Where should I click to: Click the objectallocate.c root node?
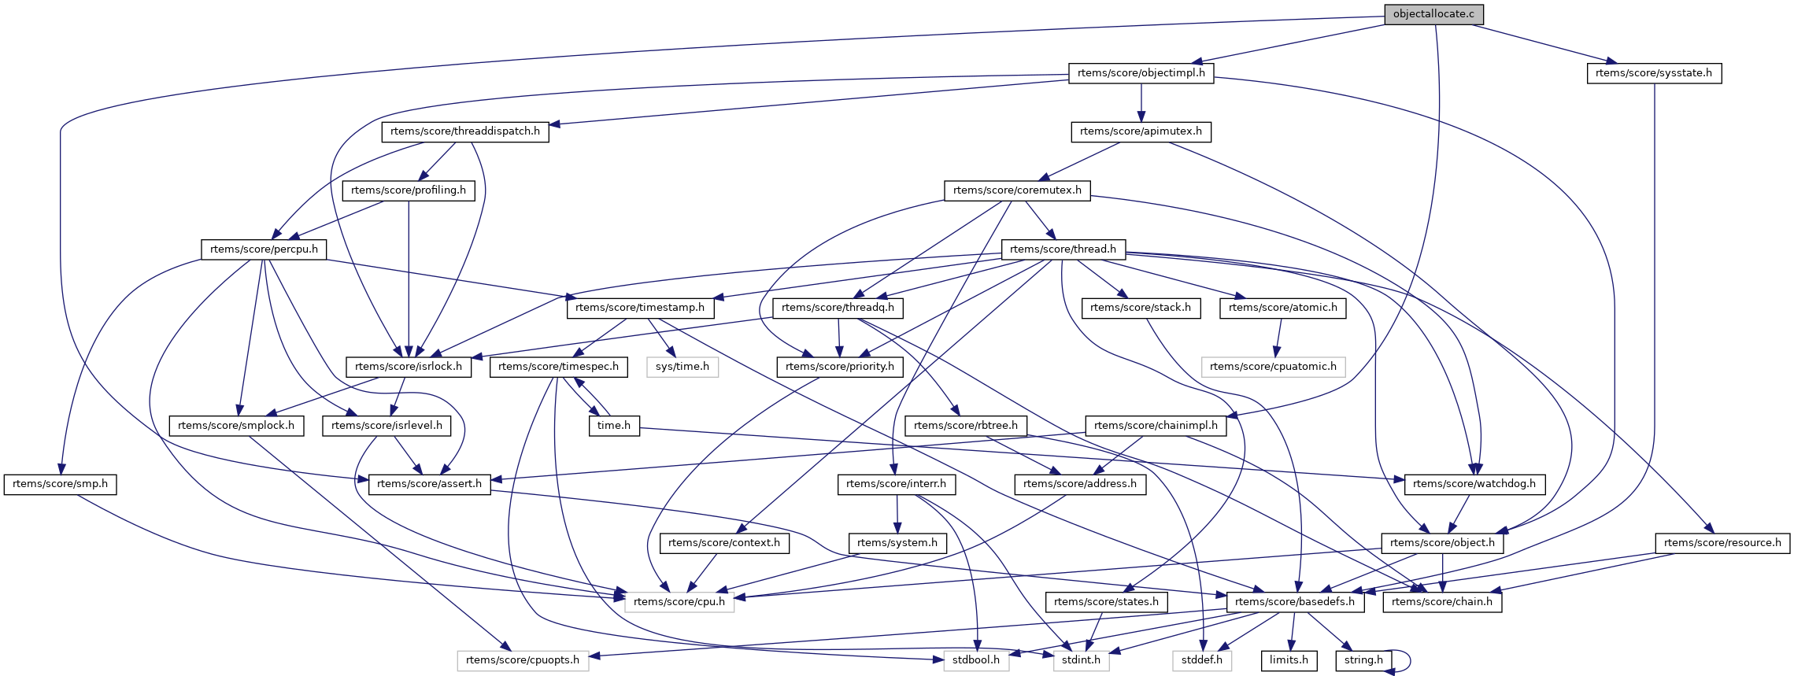tap(1433, 14)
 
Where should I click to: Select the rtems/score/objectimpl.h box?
tap(1141, 73)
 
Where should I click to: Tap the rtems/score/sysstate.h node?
tap(1654, 73)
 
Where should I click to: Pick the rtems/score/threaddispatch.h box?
tap(465, 131)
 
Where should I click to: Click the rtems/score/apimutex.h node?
tap(1141, 131)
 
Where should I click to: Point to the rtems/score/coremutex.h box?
tap(1017, 190)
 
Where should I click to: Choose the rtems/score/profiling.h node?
tap(409, 190)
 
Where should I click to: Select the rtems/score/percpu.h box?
tap(264, 249)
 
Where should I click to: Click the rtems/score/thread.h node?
tap(1063, 249)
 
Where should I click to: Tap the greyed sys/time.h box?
tap(682, 367)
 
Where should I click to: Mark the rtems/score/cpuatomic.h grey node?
tap(1273, 367)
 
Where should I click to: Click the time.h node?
tap(614, 426)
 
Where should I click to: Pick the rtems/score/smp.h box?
tap(60, 484)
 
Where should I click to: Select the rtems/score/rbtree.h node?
tap(966, 426)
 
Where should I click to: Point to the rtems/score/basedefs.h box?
tap(1295, 602)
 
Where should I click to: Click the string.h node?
tap(1363, 660)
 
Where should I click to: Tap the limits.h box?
tap(1289, 660)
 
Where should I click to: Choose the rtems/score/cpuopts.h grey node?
tap(523, 660)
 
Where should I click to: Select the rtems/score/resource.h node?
tap(1722, 543)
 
